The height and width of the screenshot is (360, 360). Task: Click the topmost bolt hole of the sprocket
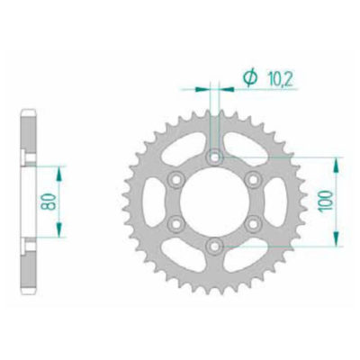tap(214, 157)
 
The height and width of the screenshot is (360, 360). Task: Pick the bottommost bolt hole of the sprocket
tap(214, 245)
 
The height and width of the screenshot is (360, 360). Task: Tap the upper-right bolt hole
tap(252, 179)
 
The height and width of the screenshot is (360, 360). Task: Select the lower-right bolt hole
tap(252, 223)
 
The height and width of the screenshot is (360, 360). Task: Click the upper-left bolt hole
tap(176, 179)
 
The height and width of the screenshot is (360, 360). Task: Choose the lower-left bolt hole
tap(176, 223)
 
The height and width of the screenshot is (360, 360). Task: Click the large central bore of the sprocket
tap(214, 202)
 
